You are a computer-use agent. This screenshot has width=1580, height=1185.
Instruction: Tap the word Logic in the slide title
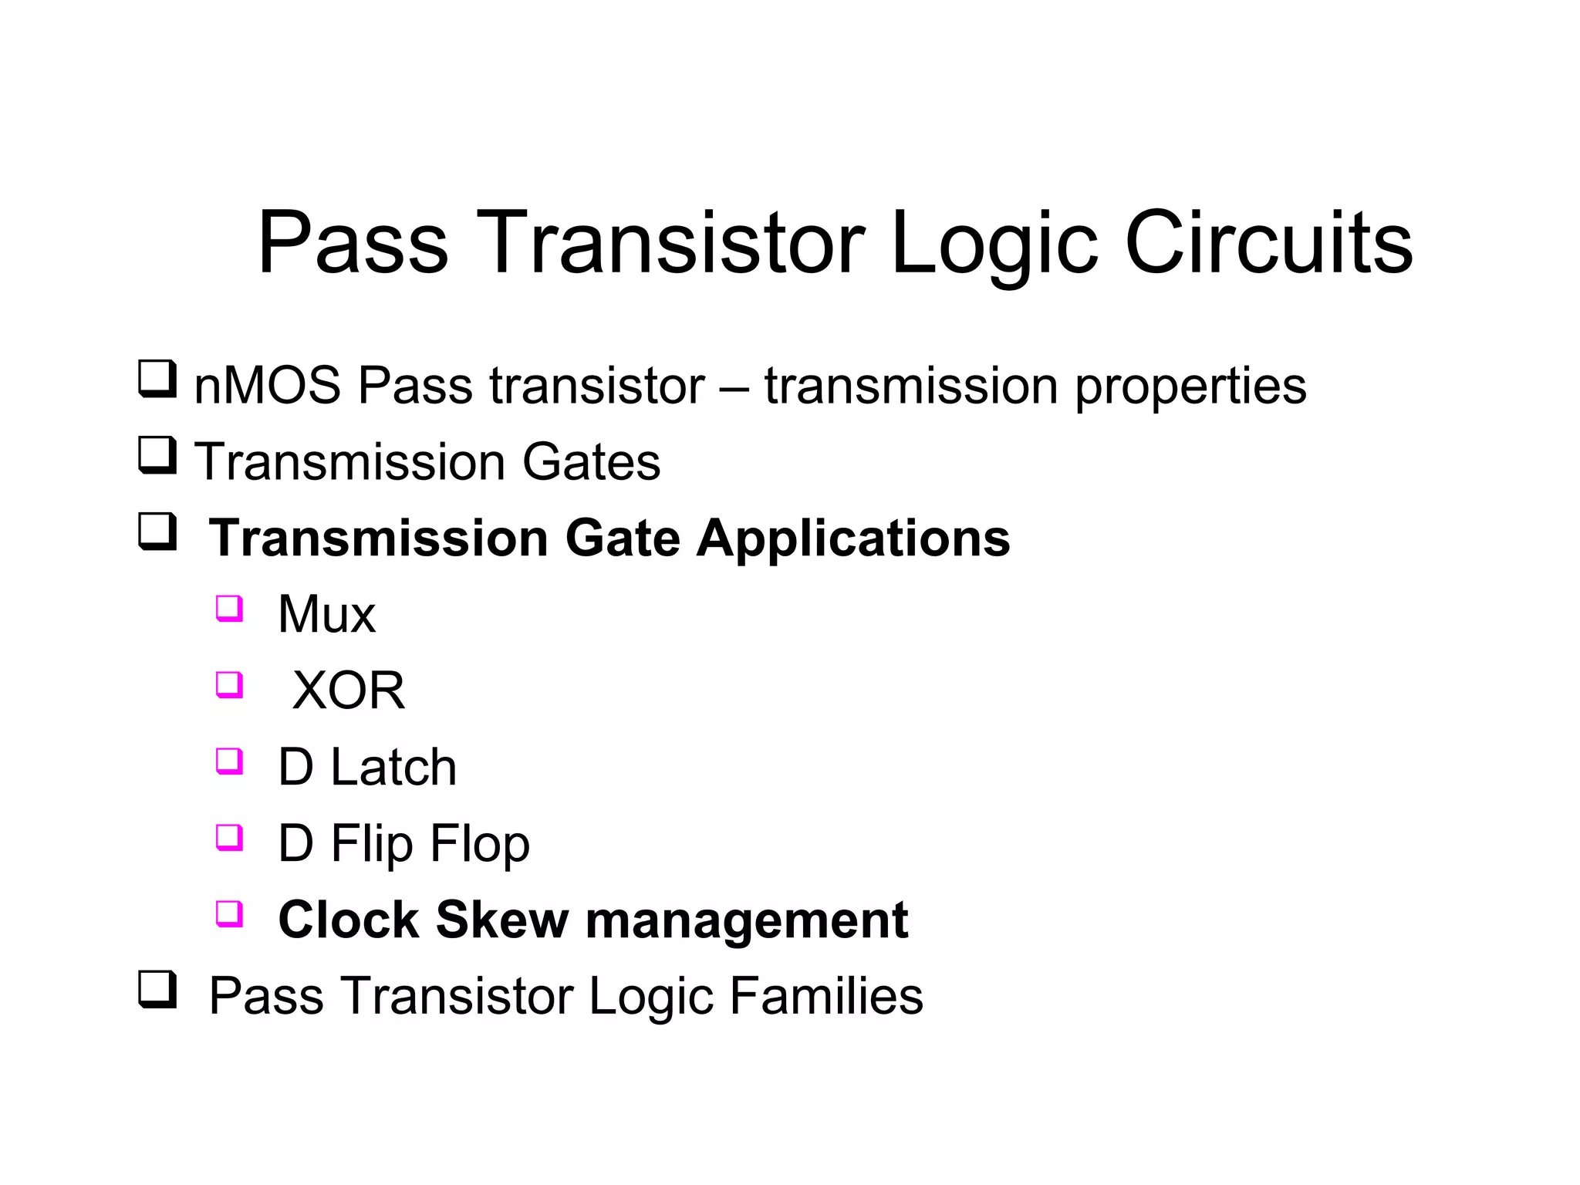(993, 245)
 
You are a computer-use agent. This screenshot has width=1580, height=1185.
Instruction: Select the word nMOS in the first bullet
(267, 385)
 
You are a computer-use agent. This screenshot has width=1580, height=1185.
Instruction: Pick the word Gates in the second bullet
(591, 461)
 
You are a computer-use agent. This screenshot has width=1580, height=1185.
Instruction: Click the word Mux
(326, 614)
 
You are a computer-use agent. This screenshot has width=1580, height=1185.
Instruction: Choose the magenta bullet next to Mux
(229, 608)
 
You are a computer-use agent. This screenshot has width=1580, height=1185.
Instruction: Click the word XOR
(349, 690)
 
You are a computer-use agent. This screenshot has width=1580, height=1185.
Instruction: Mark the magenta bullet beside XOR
(229, 684)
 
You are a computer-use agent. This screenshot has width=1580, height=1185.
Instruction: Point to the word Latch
(393, 767)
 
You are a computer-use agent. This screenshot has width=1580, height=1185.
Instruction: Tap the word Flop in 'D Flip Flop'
(479, 843)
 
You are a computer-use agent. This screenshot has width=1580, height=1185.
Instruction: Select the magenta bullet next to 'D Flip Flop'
(229, 836)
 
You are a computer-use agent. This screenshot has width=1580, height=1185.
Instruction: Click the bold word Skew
(501, 920)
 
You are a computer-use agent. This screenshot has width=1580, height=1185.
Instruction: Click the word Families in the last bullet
(825, 995)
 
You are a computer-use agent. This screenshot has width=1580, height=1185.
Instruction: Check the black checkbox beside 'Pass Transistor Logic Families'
(157, 989)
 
